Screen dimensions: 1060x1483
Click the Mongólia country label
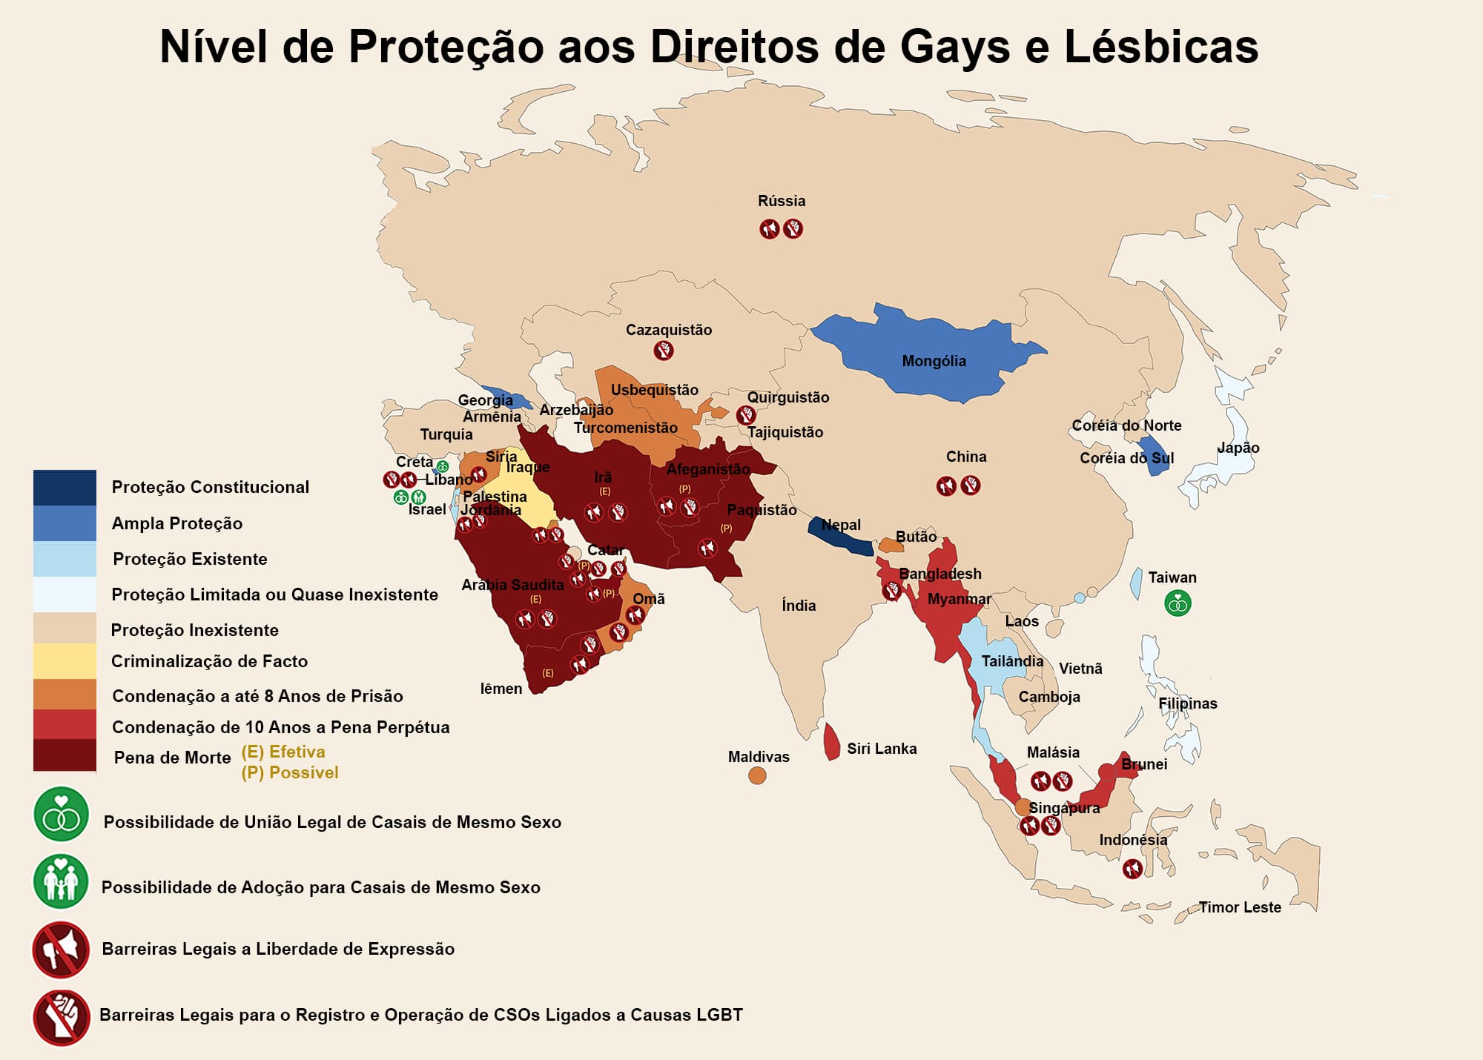934,361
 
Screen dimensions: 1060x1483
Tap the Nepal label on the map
841,525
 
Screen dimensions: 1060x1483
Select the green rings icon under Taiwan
1178,603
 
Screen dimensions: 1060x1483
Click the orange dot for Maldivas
757,775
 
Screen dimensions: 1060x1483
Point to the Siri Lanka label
882,749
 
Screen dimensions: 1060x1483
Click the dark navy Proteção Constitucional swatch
65,487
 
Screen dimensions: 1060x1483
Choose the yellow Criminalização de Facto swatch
65,660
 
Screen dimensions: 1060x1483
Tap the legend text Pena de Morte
172,758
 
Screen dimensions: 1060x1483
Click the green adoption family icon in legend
61,881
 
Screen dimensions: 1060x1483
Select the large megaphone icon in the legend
61,950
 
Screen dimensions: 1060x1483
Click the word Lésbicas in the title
1161,46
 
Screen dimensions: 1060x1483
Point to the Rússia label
782,201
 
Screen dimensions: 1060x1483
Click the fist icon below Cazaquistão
664,350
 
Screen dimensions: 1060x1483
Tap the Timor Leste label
1240,907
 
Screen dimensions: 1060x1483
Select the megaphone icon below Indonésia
1132,868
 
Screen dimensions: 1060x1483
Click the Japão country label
1238,448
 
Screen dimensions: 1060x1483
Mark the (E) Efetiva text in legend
283,752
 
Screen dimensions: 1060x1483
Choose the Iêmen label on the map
501,689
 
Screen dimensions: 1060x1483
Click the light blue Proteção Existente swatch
65,558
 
